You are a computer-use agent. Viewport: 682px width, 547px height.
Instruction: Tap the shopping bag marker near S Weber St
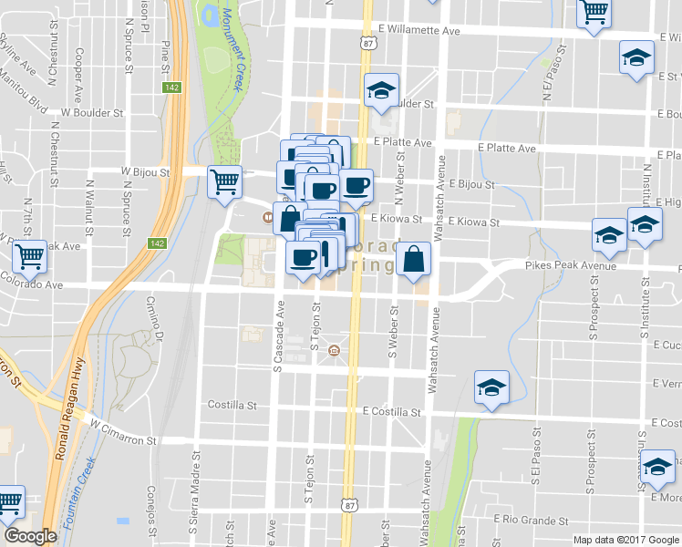click(413, 259)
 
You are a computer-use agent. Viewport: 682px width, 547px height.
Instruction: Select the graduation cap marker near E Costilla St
click(491, 387)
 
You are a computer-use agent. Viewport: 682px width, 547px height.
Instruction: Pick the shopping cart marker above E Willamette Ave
click(594, 13)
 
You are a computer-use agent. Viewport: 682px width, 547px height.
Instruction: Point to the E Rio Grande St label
click(530, 521)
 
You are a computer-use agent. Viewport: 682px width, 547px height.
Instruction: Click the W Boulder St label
click(90, 114)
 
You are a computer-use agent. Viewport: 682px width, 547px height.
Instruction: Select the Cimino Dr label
click(151, 325)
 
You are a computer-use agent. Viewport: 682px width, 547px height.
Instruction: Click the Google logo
click(30, 536)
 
